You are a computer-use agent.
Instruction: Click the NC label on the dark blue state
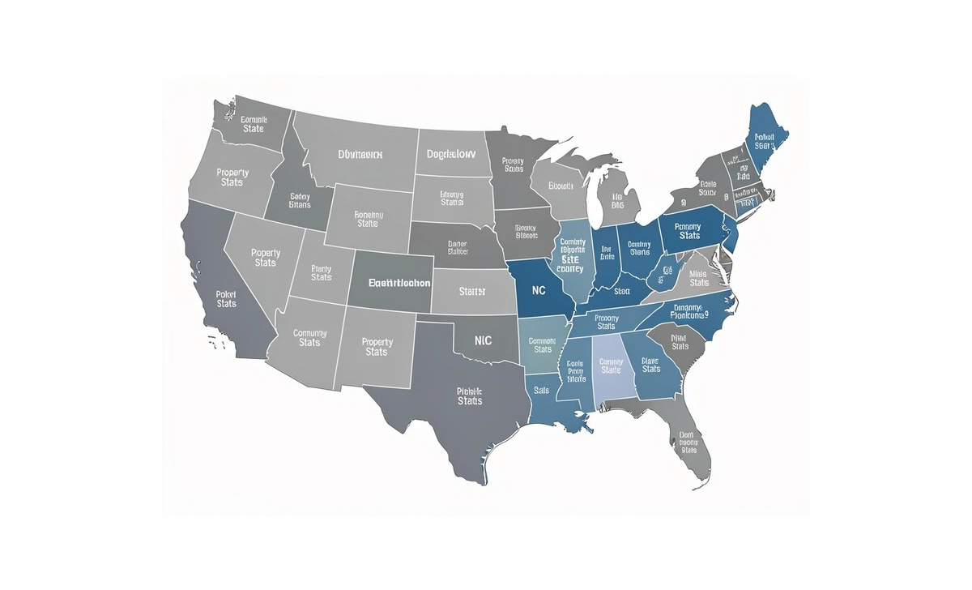coord(538,289)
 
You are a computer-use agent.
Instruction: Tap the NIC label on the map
coord(483,341)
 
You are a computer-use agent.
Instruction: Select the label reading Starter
coord(471,291)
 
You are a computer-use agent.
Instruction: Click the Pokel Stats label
coord(227,298)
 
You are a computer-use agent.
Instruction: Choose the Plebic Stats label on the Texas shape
coord(469,395)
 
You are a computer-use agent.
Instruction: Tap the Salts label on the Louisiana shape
coord(542,390)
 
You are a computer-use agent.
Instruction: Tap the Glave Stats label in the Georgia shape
coord(651,365)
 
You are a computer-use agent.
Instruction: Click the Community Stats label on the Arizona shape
coord(309,337)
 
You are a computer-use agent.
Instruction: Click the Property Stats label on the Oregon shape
coord(232,177)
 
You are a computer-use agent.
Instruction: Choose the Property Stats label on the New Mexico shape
coord(377,347)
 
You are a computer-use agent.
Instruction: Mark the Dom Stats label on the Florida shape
coord(689,442)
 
